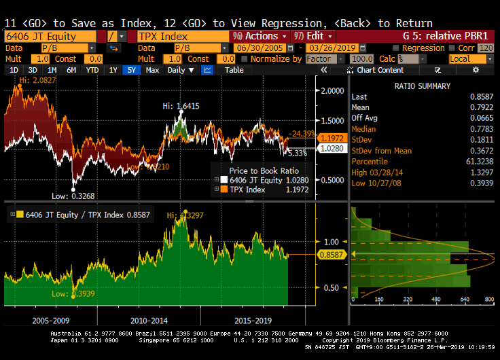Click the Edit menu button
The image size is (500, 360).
tap(314, 36)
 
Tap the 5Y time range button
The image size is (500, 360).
tap(130, 70)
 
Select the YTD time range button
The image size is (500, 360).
tap(93, 70)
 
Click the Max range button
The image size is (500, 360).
tap(152, 70)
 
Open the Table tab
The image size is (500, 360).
tap(234, 70)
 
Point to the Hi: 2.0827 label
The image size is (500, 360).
tap(34, 80)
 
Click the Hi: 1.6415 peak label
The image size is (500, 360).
tap(180, 106)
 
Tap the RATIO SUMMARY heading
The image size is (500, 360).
tap(422, 86)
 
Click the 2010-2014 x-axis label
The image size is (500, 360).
tap(149, 319)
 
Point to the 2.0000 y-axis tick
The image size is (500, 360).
tap(333, 90)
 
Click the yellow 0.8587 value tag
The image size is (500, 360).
tap(330, 255)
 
